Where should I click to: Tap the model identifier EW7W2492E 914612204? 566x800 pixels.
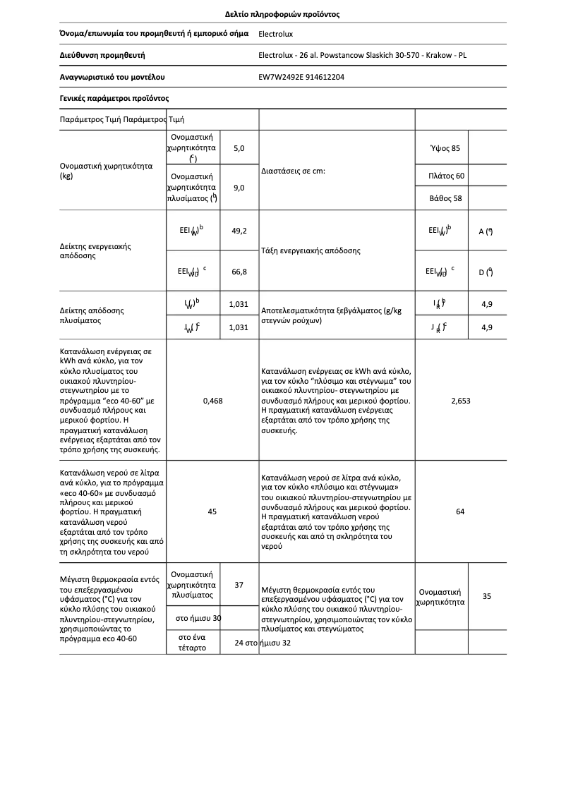click(x=302, y=77)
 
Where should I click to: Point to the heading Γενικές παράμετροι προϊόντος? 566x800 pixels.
click(x=114, y=98)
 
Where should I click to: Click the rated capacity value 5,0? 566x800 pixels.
click(x=239, y=148)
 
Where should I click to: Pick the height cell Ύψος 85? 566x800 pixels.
click(x=445, y=148)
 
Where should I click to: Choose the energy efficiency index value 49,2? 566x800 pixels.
click(x=239, y=230)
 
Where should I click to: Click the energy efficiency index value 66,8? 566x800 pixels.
click(x=239, y=270)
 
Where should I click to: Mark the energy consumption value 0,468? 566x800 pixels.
click(x=212, y=400)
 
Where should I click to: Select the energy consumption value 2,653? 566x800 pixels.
click(x=460, y=400)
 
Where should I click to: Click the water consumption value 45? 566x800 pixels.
click(x=212, y=511)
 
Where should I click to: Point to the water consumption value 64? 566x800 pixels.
click(x=460, y=511)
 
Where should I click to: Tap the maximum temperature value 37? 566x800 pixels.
click(x=239, y=585)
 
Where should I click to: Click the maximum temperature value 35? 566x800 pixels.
click(x=487, y=596)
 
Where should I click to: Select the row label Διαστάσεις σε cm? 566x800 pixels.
click(x=293, y=170)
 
